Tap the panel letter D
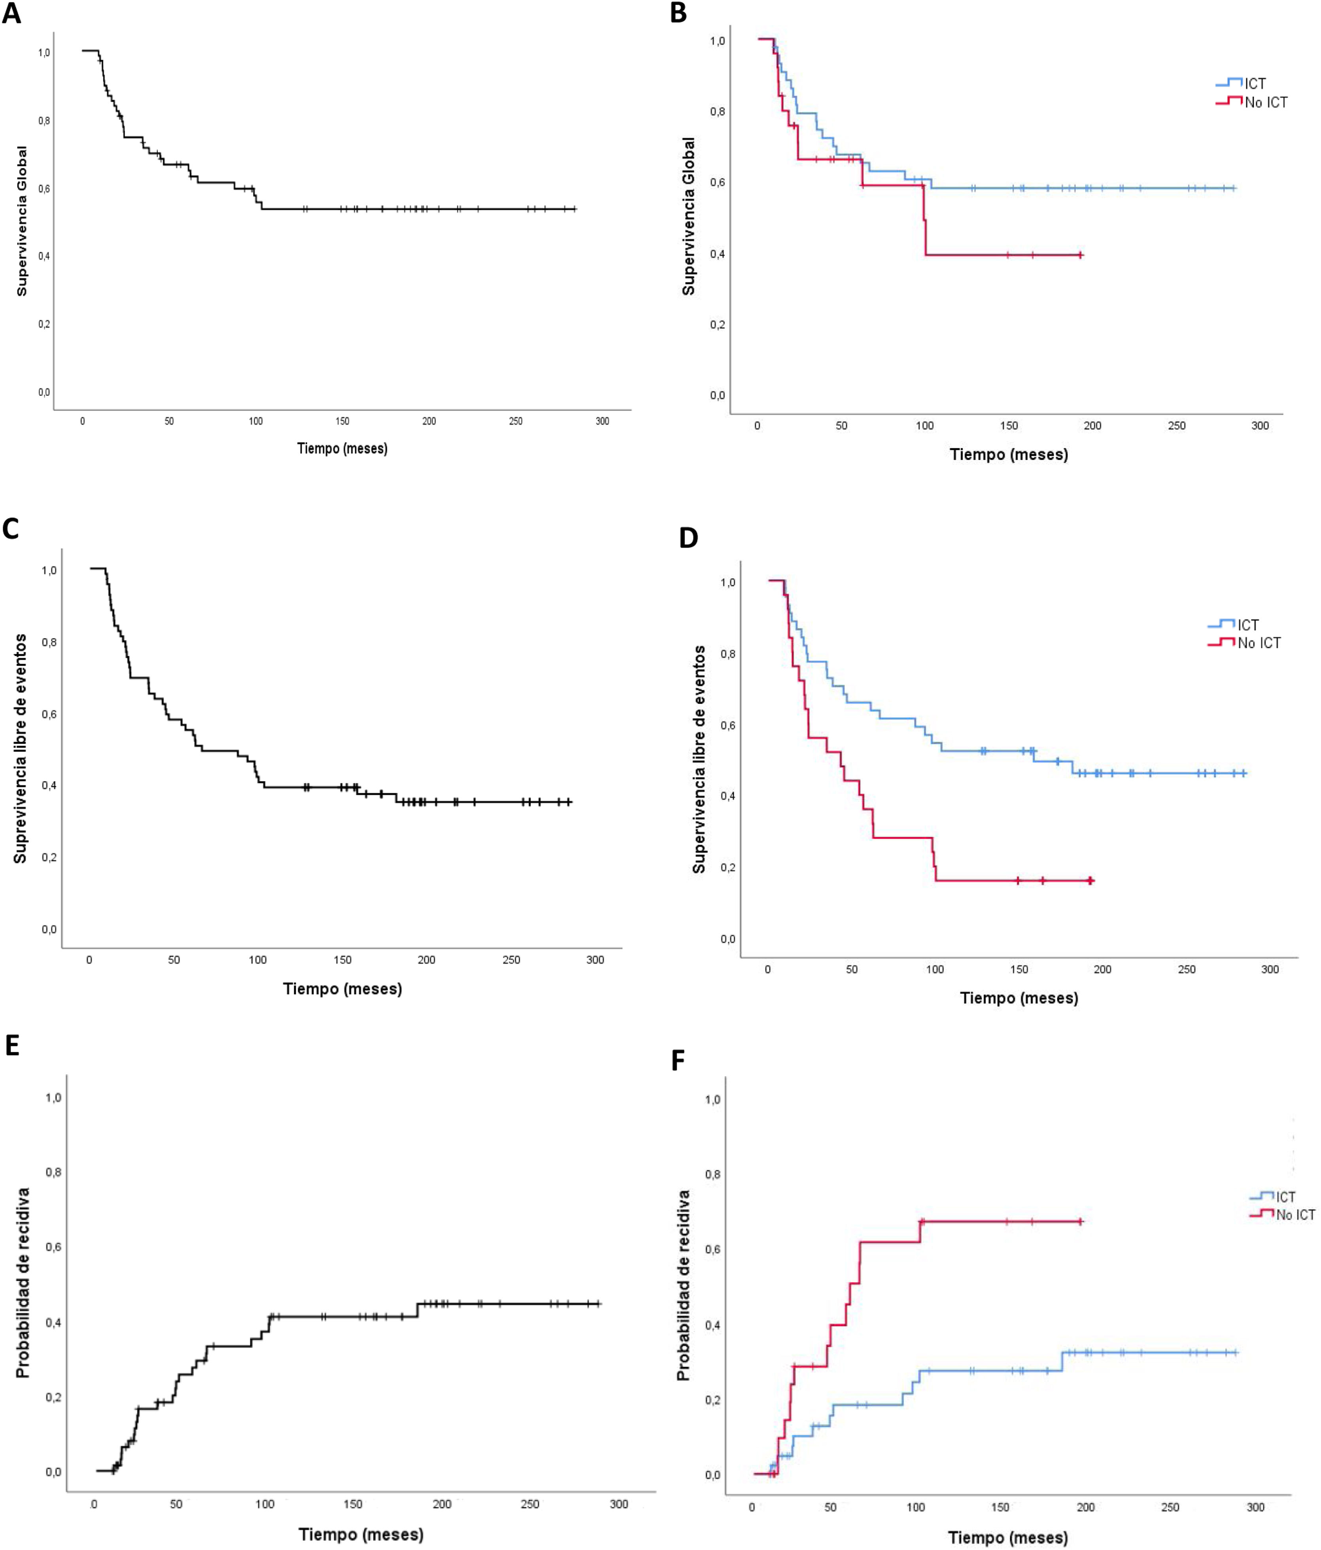(688, 538)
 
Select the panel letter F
(678, 1060)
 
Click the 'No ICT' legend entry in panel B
(1266, 102)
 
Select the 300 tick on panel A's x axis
(602, 421)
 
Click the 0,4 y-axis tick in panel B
(717, 254)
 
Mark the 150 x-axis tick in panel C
(342, 960)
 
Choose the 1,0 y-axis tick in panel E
(53, 1097)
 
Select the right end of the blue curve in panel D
(1245, 773)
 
